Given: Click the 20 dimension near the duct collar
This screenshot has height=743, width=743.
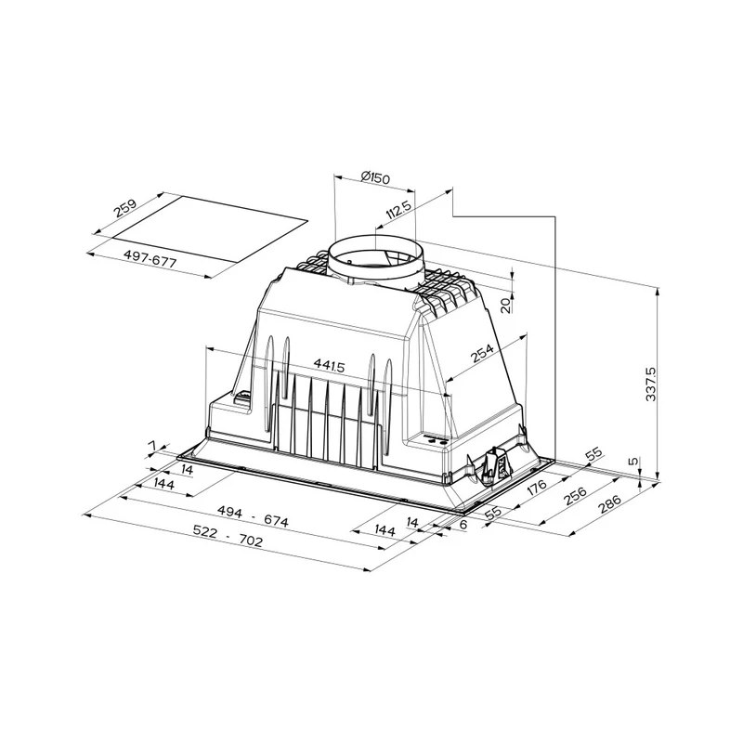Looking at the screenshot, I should click(504, 306).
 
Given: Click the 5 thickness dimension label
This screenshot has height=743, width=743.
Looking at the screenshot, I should click(632, 461).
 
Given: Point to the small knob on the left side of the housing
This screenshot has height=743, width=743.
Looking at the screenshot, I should click(243, 399).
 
